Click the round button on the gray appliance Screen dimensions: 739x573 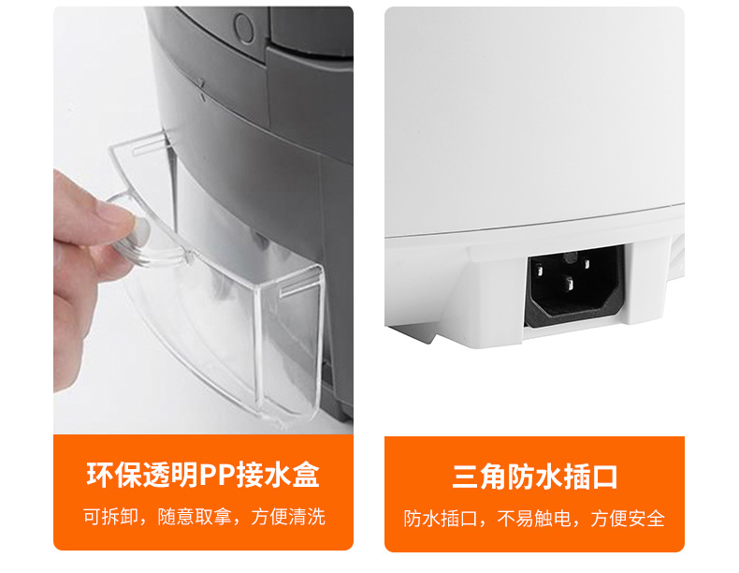pyautogui.click(x=244, y=27)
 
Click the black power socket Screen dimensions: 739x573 pyautogui.click(x=574, y=286)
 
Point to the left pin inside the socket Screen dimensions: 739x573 pyautogui.click(x=539, y=271)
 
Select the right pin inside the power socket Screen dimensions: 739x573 pyautogui.click(x=587, y=264)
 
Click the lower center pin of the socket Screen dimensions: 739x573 pyautogui.click(x=570, y=284)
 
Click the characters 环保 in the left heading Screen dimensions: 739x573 pyautogui.click(x=114, y=475)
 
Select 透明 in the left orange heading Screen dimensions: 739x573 pyautogui.click(x=170, y=475)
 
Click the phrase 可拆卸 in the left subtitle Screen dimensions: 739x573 pyautogui.click(x=110, y=517)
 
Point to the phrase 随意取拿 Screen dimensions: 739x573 pyautogui.click(x=195, y=517)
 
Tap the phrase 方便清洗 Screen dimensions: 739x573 pyautogui.click(x=288, y=517)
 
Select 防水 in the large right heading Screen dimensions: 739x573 pyautogui.click(x=534, y=477)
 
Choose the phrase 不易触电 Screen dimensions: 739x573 pyautogui.click(x=534, y=519)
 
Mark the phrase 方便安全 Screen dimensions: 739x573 pyautogui.click(x=628, y=519)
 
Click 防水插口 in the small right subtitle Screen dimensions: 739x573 pyautogui.click(x=441, y=519)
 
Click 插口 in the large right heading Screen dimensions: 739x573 pyautogui.click(x=590, y=477)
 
